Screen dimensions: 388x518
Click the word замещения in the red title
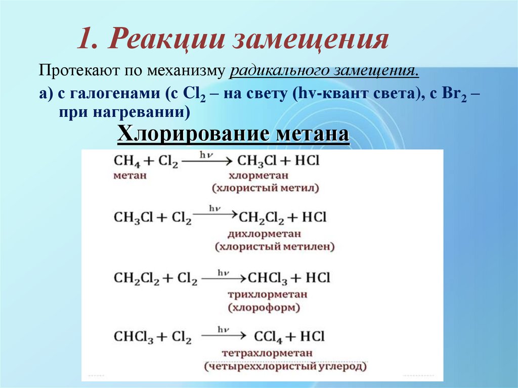(310, 39)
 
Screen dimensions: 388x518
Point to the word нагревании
(147, 112)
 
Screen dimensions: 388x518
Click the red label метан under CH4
(130, 175)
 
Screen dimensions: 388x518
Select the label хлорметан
(258, 175)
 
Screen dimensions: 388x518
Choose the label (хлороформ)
(264, 307)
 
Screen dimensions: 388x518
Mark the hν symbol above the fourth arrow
(223, 329)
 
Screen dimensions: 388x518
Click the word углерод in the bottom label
(342, 366)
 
